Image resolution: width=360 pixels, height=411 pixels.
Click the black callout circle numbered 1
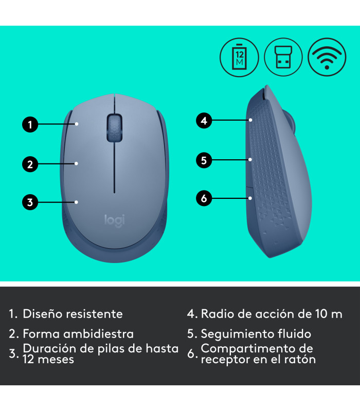(30, 124)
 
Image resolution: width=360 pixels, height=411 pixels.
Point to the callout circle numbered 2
(30, 164)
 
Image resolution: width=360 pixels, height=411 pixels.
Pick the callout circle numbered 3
(30, 202)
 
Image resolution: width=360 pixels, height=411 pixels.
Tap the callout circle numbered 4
(204, 121)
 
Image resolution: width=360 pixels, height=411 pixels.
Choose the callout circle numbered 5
(204, 160)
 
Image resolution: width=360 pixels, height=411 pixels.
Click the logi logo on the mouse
(115, 219)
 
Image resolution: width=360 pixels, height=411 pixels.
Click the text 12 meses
(48, 360)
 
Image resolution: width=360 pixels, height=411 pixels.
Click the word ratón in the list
(299, 360)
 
